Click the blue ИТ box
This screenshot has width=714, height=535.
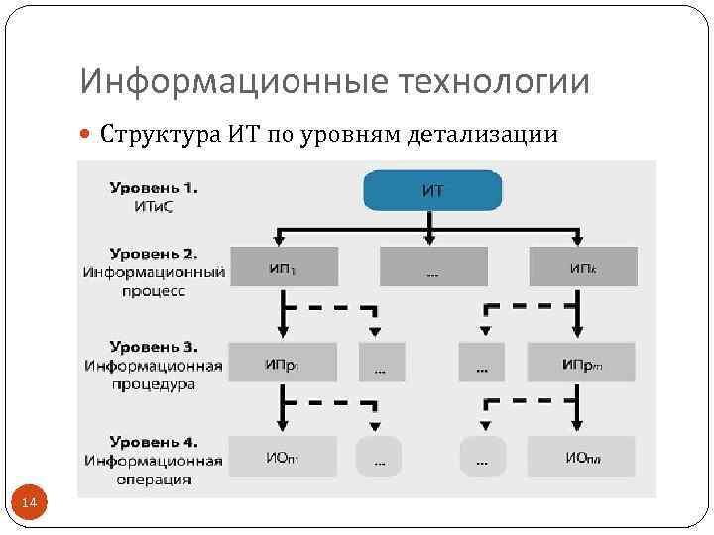[x=433, y=190]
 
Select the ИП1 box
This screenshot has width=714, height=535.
[x=284, y=267]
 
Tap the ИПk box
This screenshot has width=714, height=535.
[x=583, y=267]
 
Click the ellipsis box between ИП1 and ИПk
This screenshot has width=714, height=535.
[x=433, y=267]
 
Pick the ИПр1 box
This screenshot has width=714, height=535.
[x=283, y=363]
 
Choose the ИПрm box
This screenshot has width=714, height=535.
[x=582, y=363]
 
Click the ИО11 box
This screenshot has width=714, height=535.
[x=283, y=456]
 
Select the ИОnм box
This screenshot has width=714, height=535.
[x=582, y=456]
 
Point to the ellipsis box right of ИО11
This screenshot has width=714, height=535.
[x=378, y=457]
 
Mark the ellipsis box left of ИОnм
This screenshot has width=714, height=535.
[x=483, y=457]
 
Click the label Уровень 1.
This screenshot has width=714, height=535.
[x=154, y=186]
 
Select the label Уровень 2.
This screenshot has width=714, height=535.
[x=154, y=253]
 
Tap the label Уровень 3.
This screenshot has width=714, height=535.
[x=154, y=347]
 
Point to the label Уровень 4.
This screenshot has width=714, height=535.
[x=154, y=441]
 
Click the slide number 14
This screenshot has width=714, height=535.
[x=29, y=504]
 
